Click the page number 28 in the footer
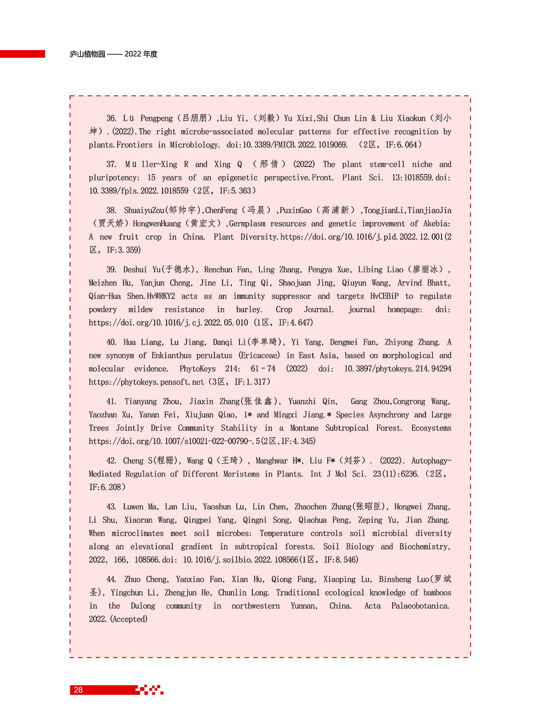click(x=78, y=690)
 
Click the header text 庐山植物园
click(x=88, y=54)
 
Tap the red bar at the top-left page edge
click(x=22, y=54)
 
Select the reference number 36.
click(x=111, y=118)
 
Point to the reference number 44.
click(x=111, y=579)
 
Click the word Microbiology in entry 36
click(x=194, y=145)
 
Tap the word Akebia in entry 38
click(x=436, y=224)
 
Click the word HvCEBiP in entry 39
click(x=378, y=296)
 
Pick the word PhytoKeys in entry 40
click(x=198, y=369)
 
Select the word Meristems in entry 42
click(x=241, y=474)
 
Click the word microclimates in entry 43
click(x=138, y=533)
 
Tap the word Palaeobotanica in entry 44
click(x=420, y=606)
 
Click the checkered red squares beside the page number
click(x=150, y=690)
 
